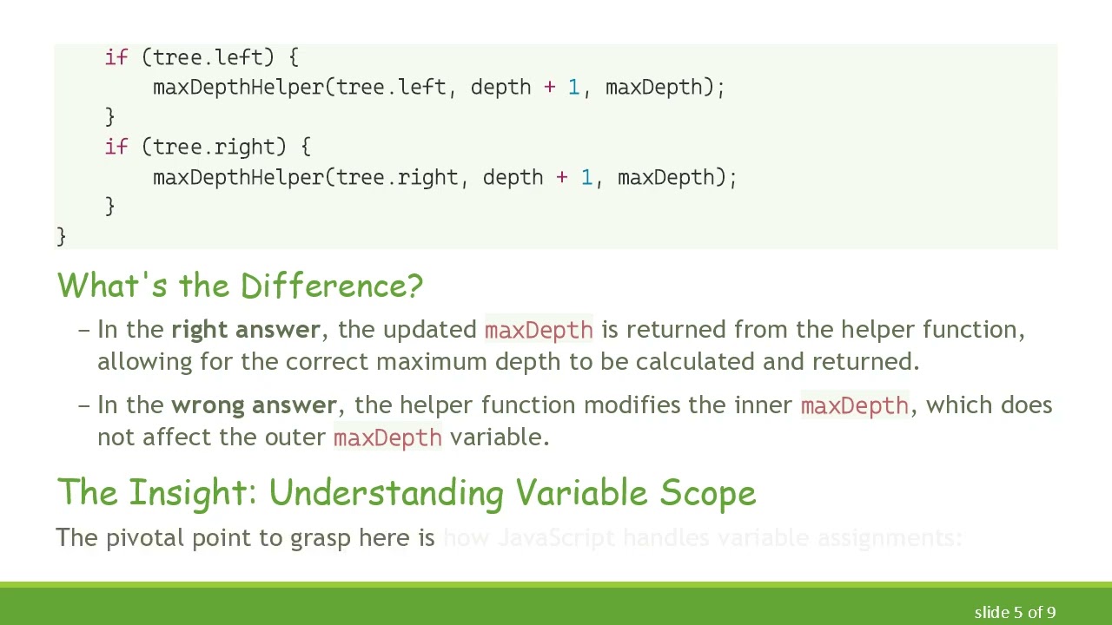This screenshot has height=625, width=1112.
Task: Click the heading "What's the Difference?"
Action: (240, 286)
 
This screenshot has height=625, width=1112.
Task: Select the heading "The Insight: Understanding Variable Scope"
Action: (407, 492)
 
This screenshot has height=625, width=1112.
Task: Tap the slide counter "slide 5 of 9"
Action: (1015, 612)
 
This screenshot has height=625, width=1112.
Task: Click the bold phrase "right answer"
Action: (246, 330)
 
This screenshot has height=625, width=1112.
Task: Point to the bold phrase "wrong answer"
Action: (254, 405)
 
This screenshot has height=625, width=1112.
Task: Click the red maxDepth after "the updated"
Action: (539, 330)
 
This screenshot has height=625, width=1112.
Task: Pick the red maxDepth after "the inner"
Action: (855, 405)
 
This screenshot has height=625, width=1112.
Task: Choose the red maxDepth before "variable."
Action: (387, 437)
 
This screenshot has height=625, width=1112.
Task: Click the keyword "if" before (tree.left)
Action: (116, 57)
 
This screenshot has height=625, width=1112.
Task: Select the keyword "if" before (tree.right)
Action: (116, 147)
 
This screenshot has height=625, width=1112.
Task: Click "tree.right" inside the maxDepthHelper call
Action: (397, 177)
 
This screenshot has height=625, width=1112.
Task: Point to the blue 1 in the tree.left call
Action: (573, 87)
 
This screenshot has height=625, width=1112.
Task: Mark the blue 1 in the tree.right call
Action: (586, 177)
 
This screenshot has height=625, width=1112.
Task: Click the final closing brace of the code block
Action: (61, 236)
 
